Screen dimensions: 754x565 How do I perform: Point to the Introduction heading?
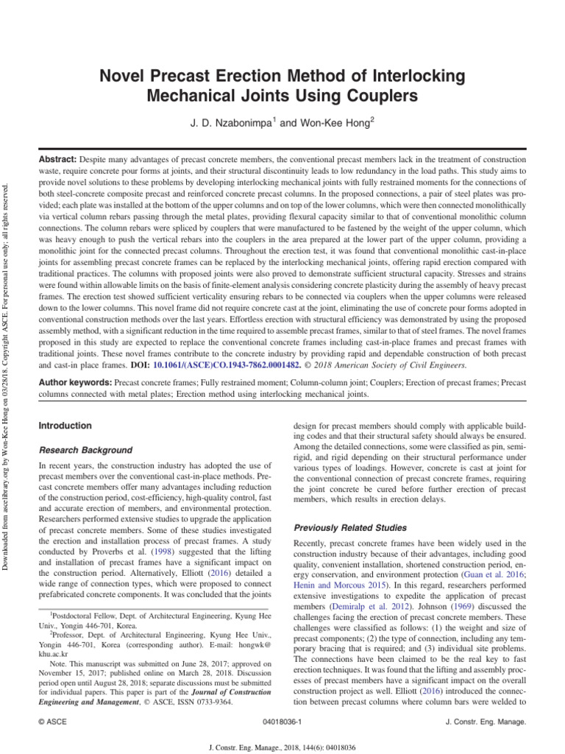[65, 426]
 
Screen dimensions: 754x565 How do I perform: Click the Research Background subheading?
[85, 450]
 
